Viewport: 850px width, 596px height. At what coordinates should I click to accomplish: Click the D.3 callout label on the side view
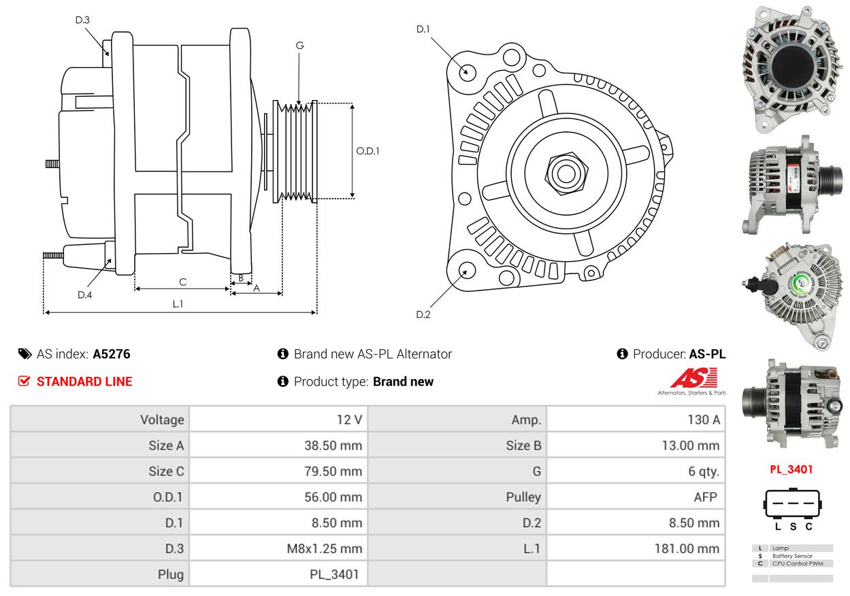(82, 20)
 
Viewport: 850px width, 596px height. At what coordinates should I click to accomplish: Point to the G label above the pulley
(299, 46)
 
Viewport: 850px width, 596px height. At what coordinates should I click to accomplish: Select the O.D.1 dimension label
(367, 151)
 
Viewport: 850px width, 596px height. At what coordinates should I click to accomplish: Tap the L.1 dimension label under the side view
(178, 304)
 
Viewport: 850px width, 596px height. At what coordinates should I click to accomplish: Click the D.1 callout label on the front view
(423, 29)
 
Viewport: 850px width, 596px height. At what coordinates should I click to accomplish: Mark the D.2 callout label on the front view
(423, 314)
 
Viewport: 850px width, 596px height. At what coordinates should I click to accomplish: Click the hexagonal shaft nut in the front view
(566, 173)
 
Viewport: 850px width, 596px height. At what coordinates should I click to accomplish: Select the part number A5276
(112, 354)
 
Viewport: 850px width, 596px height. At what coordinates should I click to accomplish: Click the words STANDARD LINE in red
(84, 381)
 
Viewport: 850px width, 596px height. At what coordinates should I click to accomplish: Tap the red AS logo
(694, 378)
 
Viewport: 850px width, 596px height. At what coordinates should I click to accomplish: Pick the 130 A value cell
(704, 420)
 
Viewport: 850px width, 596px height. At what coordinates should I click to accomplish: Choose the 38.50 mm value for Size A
(333, 446)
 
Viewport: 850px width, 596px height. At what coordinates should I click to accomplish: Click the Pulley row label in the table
(523, 497)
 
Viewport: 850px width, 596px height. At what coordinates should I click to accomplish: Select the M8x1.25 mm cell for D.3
(325, 548)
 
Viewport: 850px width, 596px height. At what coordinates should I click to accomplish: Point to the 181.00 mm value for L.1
(687, 548)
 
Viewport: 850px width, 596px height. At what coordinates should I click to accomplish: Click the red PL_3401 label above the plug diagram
(791, 469)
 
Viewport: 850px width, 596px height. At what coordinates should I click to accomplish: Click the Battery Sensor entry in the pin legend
(792, 556)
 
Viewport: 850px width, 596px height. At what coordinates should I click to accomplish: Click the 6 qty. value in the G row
(704, 471)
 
